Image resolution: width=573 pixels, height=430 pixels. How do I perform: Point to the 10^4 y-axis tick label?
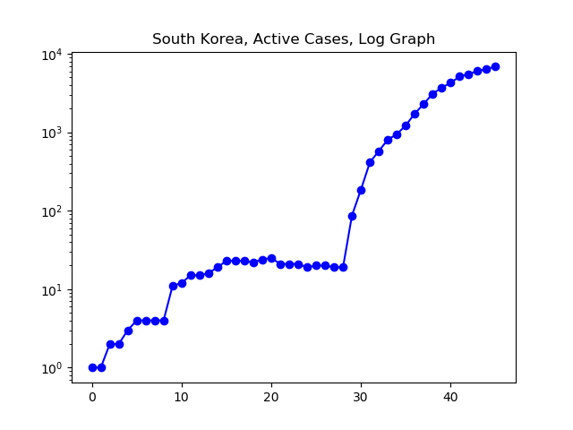pyautogui.click(x=52, y=55)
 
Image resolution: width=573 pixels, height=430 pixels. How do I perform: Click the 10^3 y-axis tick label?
pyautogui.click(x=52, y=133)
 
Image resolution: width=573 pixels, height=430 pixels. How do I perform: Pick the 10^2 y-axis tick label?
pyautogui.click(x=52, y=212)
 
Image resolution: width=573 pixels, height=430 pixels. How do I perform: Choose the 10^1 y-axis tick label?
pyautogui.click(x=52, y=290)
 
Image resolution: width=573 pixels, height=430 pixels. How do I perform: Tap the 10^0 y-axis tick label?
pyautogui.click(x=52, y=369)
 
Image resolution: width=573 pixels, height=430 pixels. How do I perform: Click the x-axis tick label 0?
pyautogui.click(x=92, y=397)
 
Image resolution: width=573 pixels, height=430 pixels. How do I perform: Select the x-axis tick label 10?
pyautogui.click(x=182, y=397)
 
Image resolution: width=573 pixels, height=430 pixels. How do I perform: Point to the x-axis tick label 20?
pyautogui.click(x=271, y=397)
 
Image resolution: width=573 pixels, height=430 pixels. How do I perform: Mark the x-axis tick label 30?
pyautogui.click(x=361, y=397)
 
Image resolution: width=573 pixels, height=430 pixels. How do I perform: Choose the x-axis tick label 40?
pyautogui.click(x=450, y=397)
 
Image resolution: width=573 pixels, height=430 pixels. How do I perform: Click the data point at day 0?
pyautogui.click(x=92, y=368)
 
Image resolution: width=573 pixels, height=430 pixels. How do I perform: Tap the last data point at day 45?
pyautogui.click(x=495, y=66)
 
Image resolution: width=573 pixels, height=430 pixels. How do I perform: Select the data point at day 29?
pyautogui.click(x=352, y=217)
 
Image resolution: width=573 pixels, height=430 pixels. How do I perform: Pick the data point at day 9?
pyautogui.click(x=173, y=287)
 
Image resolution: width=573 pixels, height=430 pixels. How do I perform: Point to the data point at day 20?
pyautogui.click(x=271, y=259)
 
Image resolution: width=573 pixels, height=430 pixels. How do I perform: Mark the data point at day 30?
pyautogui.click(x=361, y=191)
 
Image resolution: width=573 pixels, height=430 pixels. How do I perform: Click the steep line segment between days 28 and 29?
pyautogui.click(x=347, y=242)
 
